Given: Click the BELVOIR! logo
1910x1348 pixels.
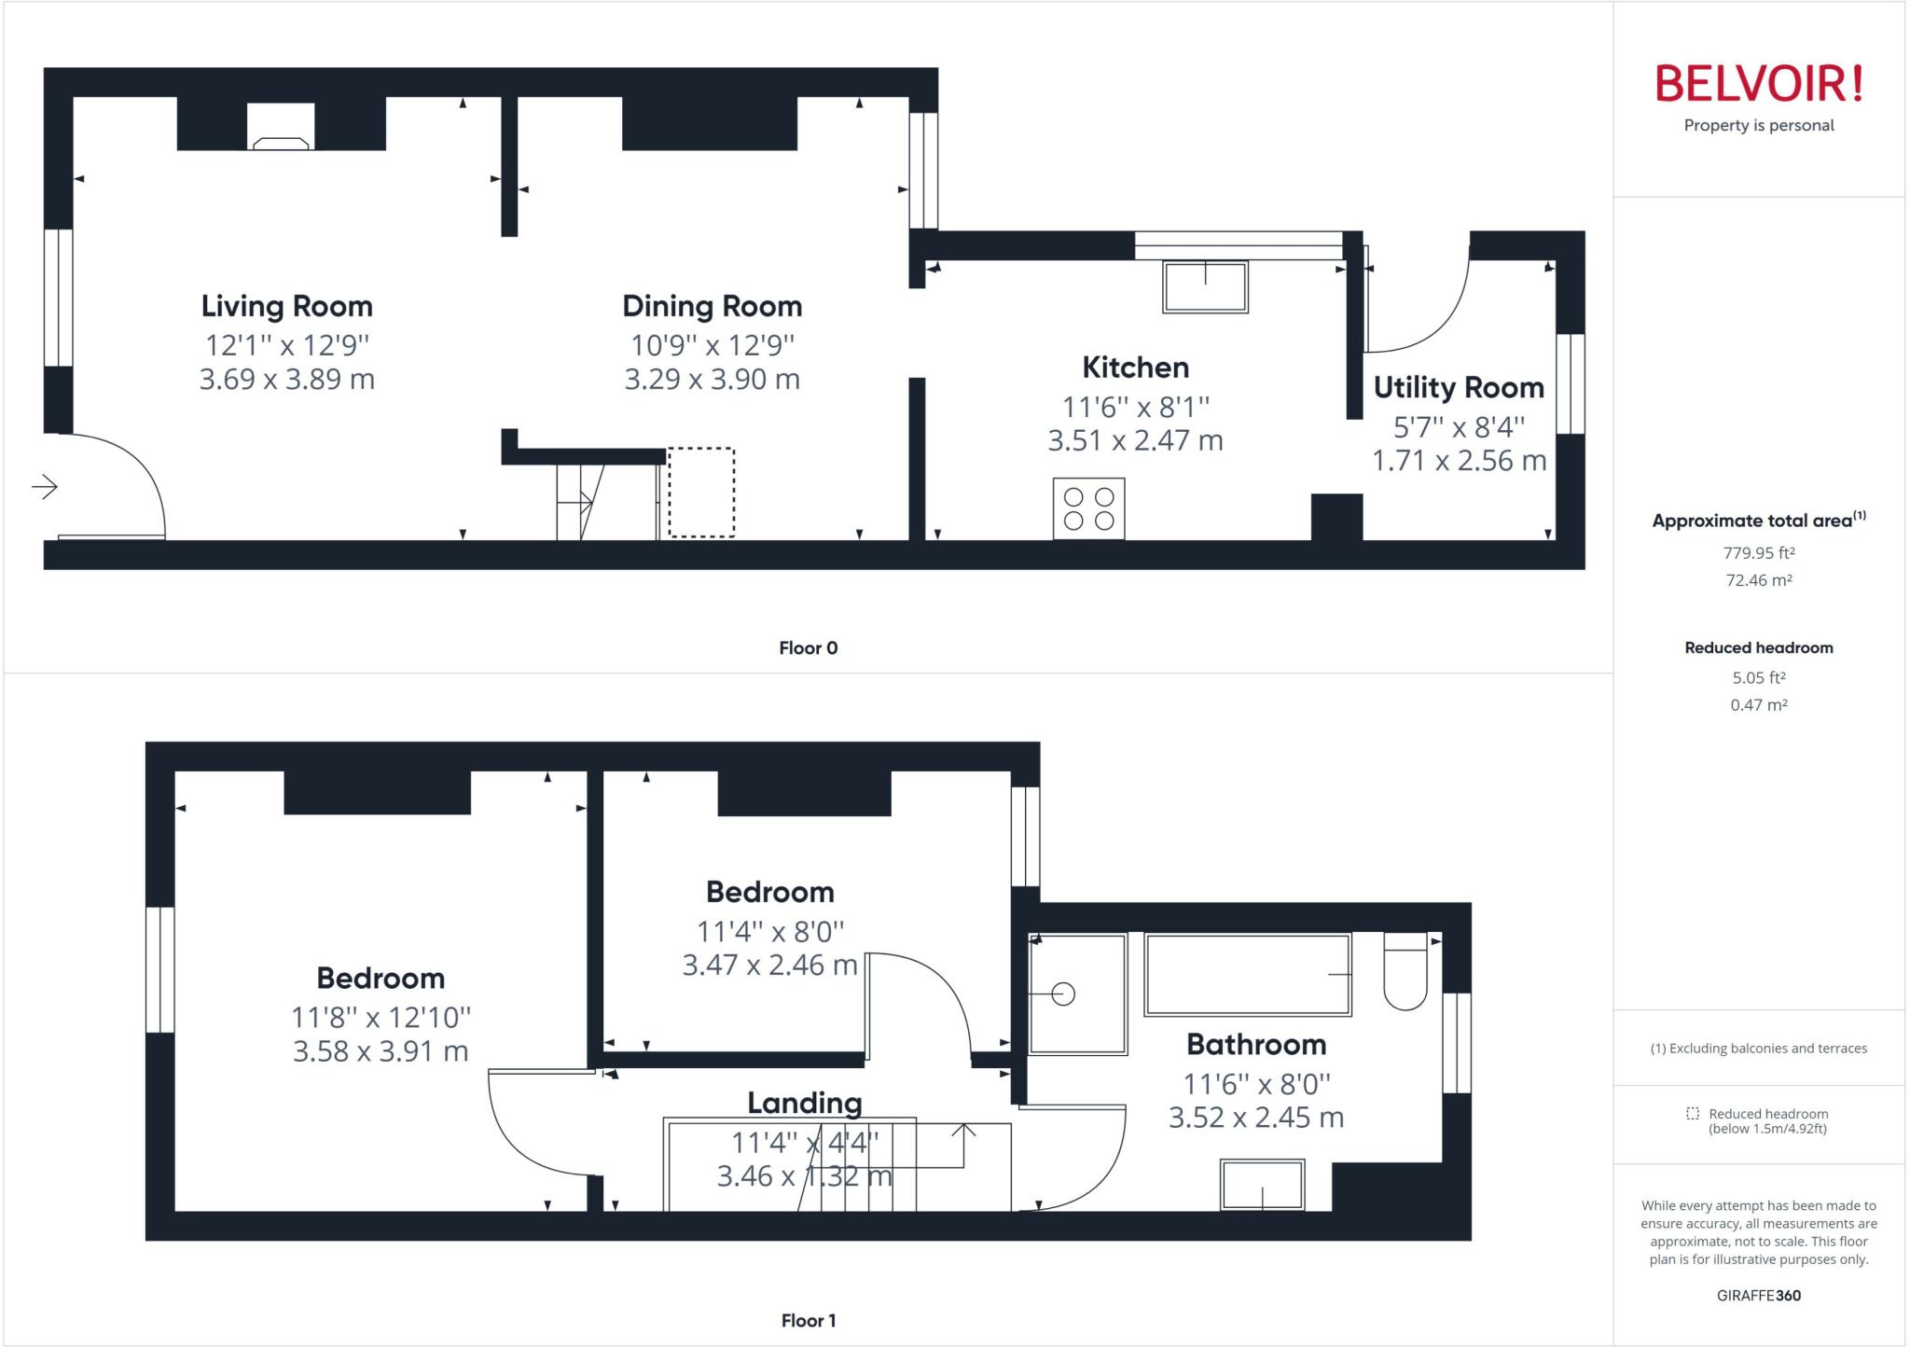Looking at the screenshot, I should tap(1758, 84).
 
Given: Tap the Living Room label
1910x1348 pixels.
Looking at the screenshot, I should tap(287, 306).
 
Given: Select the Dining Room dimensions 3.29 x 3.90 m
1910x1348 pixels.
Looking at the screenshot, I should tap(712, 380).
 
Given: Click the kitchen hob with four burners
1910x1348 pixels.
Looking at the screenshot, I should tap(1088, 508).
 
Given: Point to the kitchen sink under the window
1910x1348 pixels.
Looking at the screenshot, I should tap(1205, 286).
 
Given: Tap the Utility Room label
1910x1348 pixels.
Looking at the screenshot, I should tap(1459, 387).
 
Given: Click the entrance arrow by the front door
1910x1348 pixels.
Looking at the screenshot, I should tap(45, 486).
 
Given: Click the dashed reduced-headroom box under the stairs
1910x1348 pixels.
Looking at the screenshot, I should tap(701, 493).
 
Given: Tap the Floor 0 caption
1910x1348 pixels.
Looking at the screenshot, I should tap(808, 647).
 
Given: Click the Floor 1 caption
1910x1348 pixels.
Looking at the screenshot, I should tap(808, 1320).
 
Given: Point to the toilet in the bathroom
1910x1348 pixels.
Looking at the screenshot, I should tap(1405, 972).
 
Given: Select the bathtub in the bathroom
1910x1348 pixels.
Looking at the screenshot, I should tap(1248, 974).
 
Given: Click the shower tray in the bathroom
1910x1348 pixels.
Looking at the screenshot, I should tap(1077, 994).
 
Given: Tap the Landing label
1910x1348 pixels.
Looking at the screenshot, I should tap(804, 1103).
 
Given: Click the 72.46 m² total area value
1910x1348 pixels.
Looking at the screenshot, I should tap(1758, 580).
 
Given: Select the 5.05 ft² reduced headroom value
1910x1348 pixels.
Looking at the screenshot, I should tap(1758, 678).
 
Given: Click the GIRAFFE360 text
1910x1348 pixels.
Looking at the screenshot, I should tap(1758, 1295).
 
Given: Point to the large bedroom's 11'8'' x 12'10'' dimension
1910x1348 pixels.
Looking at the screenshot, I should tap(381, 1017).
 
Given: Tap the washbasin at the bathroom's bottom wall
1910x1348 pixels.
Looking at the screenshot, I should tap(1262, 1185).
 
